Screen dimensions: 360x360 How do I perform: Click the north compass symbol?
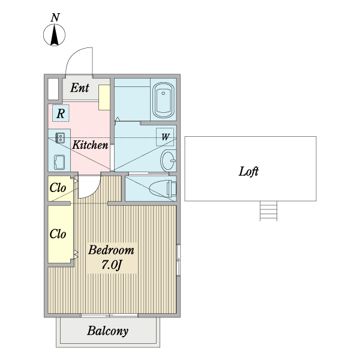coord(55,37)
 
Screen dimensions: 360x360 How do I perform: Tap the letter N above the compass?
coord(55,17)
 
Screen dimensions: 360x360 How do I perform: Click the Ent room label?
coord(80,88)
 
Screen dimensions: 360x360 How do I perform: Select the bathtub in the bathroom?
coord(163,100)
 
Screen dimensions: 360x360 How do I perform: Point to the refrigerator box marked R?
coord(61,112)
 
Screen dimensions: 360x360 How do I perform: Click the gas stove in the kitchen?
coord(61,138)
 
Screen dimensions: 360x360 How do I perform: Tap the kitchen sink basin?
coord(60,162)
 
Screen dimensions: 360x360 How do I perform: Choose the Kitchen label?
coord(90,145)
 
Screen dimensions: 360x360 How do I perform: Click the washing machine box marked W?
coord(164,137)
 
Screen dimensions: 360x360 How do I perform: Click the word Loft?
coord(248,171)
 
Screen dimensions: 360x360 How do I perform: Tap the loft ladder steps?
coord(268,211)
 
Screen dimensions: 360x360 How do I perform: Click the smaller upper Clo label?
coord(58,188)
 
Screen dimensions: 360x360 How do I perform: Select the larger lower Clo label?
coord(58,234)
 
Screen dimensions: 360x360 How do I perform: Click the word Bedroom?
coord(111,250)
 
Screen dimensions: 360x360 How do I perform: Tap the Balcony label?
coord(107,331)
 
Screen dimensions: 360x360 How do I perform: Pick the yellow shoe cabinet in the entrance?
coord(104,97)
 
